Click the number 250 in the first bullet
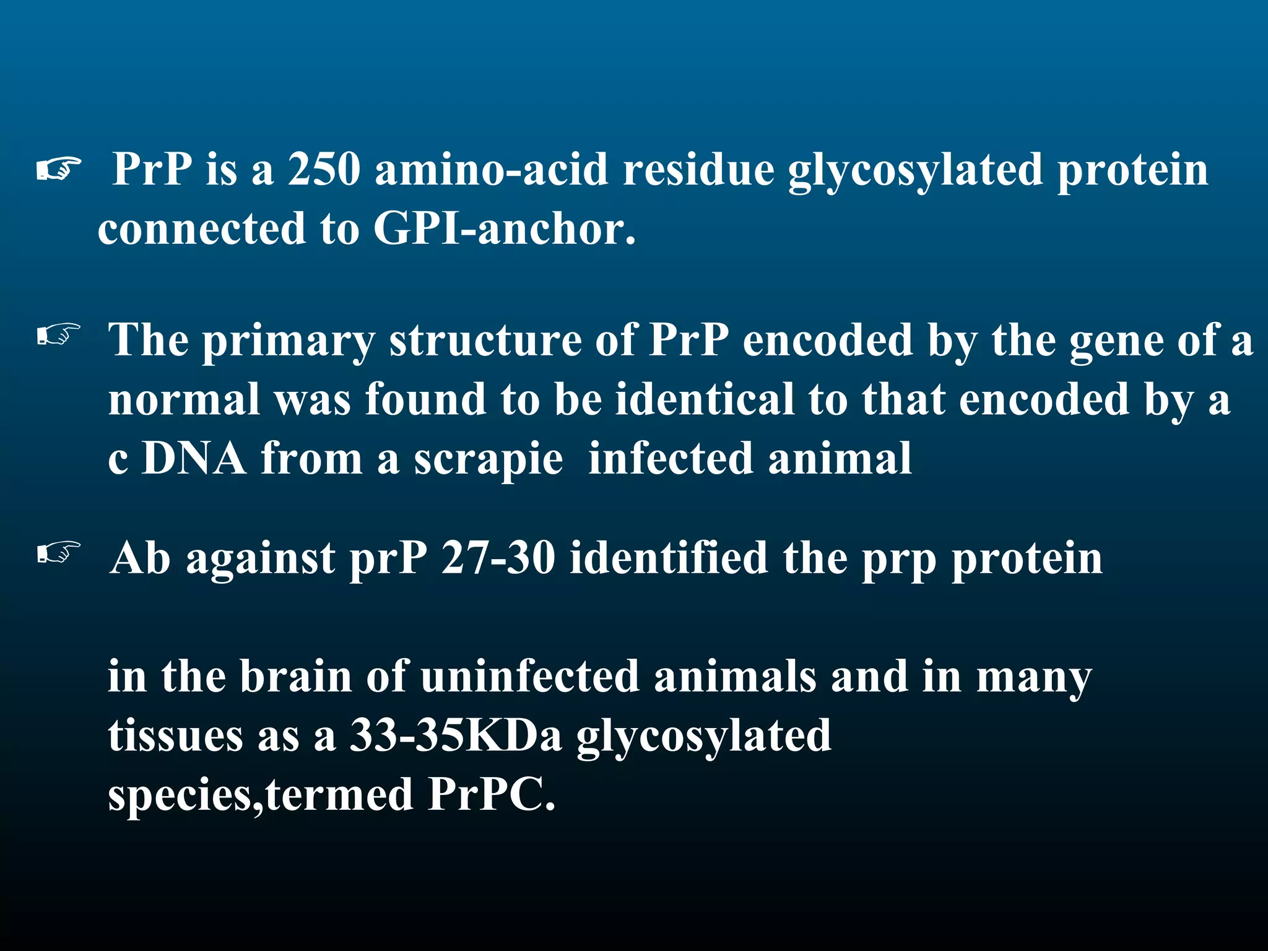pos(324,169)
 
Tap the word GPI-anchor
pos(504,229)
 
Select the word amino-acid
pos(492,169)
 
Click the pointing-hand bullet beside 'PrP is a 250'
pos(59,169)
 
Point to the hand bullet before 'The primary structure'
pos(59,334)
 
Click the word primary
pos(289,342)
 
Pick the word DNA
pos(194,459)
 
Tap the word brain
pos(296,676)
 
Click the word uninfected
pos(530,676)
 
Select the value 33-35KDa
pos(456,736)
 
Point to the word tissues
pos(175,736)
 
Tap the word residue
pos(698,169)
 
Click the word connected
pos(202,229)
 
